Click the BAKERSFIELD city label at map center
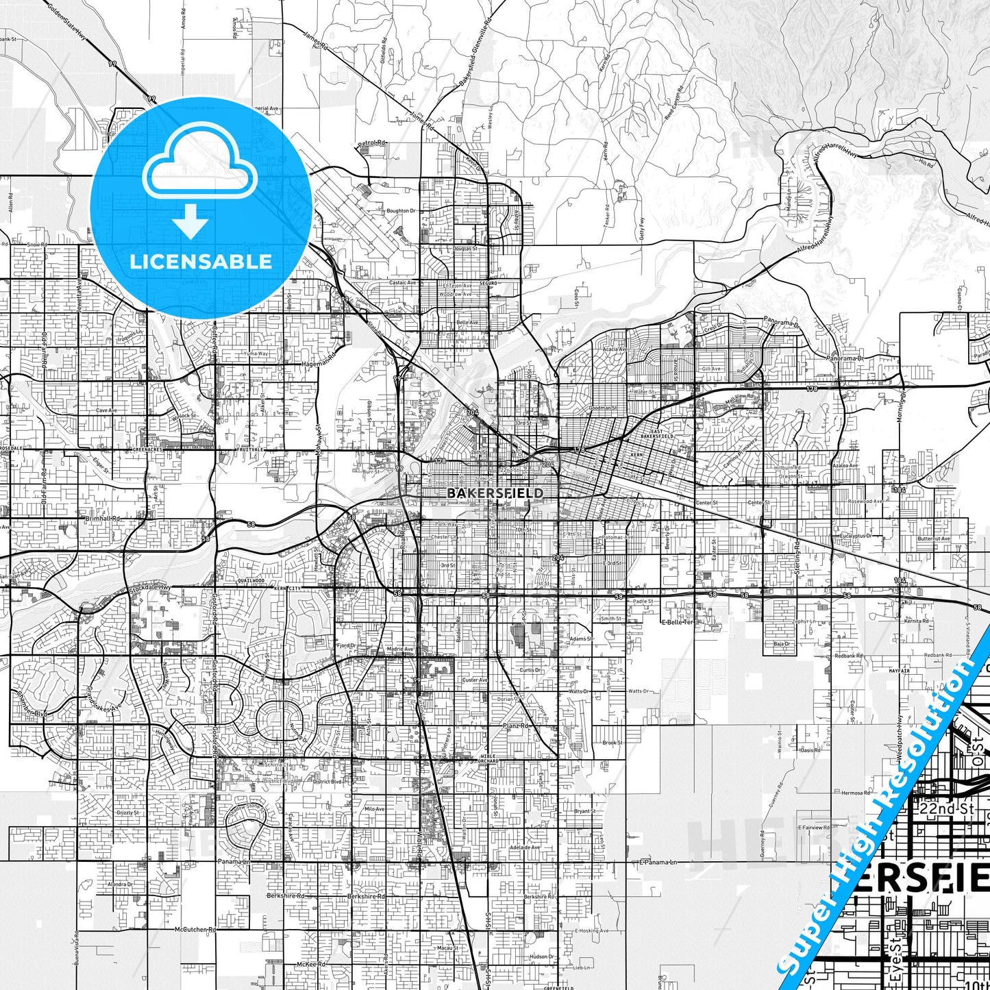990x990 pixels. tap(495, 493)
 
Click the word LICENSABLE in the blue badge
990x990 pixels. tap(201, 261)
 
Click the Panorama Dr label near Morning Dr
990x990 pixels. tap(845, 358)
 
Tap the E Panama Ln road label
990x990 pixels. tap(658, 861)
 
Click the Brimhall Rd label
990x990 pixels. tap(103, 519)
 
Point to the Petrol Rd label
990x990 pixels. tap(372, 143)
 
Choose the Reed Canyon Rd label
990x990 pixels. tap(674, 103)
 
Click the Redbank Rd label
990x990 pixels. tap(849, 656)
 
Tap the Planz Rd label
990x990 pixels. tap(515, 725)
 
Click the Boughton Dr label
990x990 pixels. tap(401, 211)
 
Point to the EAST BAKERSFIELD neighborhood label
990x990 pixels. tap(656, 434)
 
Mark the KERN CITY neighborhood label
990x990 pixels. tap(286, 589)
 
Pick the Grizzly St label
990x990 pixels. tap(127, 813)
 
